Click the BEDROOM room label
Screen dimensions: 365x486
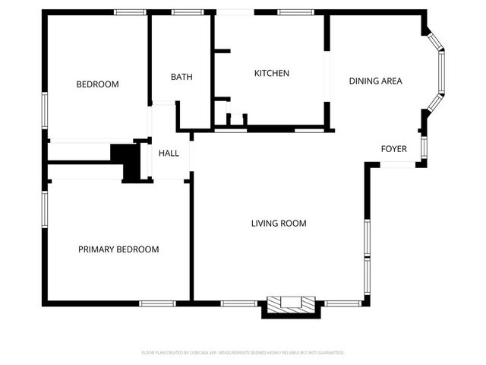(97, 84)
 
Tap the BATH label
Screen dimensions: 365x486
(181, 77)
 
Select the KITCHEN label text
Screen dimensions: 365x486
(271, 74)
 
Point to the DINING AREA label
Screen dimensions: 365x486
(375, 81)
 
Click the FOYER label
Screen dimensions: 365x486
(393, 149)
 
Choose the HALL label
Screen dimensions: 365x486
(169, 154)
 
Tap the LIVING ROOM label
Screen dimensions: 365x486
(279, 224)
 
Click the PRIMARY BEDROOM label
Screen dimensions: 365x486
(118, 249)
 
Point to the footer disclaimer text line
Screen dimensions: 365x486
(243, 353)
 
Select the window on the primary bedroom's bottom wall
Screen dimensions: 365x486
(158, 303)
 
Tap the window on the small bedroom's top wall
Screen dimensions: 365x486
(130, 12)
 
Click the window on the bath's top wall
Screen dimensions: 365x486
(182, 12)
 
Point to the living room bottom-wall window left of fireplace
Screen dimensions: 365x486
(238, 303)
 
